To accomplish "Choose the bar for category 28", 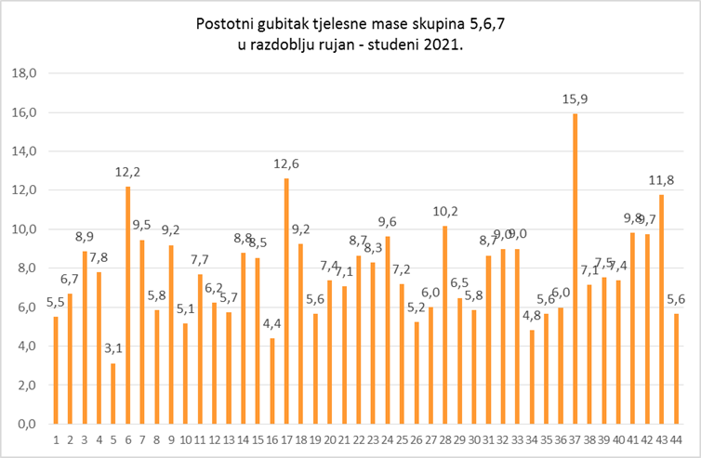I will [x=445, y=324].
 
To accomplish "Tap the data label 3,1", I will [x=112, y=349].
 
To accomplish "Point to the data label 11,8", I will [x=662, y=180].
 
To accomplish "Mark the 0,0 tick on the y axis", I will [x=24, y=424].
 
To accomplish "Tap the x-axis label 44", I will [x=677, y=439].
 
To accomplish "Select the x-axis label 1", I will [x=56, y=439].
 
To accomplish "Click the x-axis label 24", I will [x=387, y=439].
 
